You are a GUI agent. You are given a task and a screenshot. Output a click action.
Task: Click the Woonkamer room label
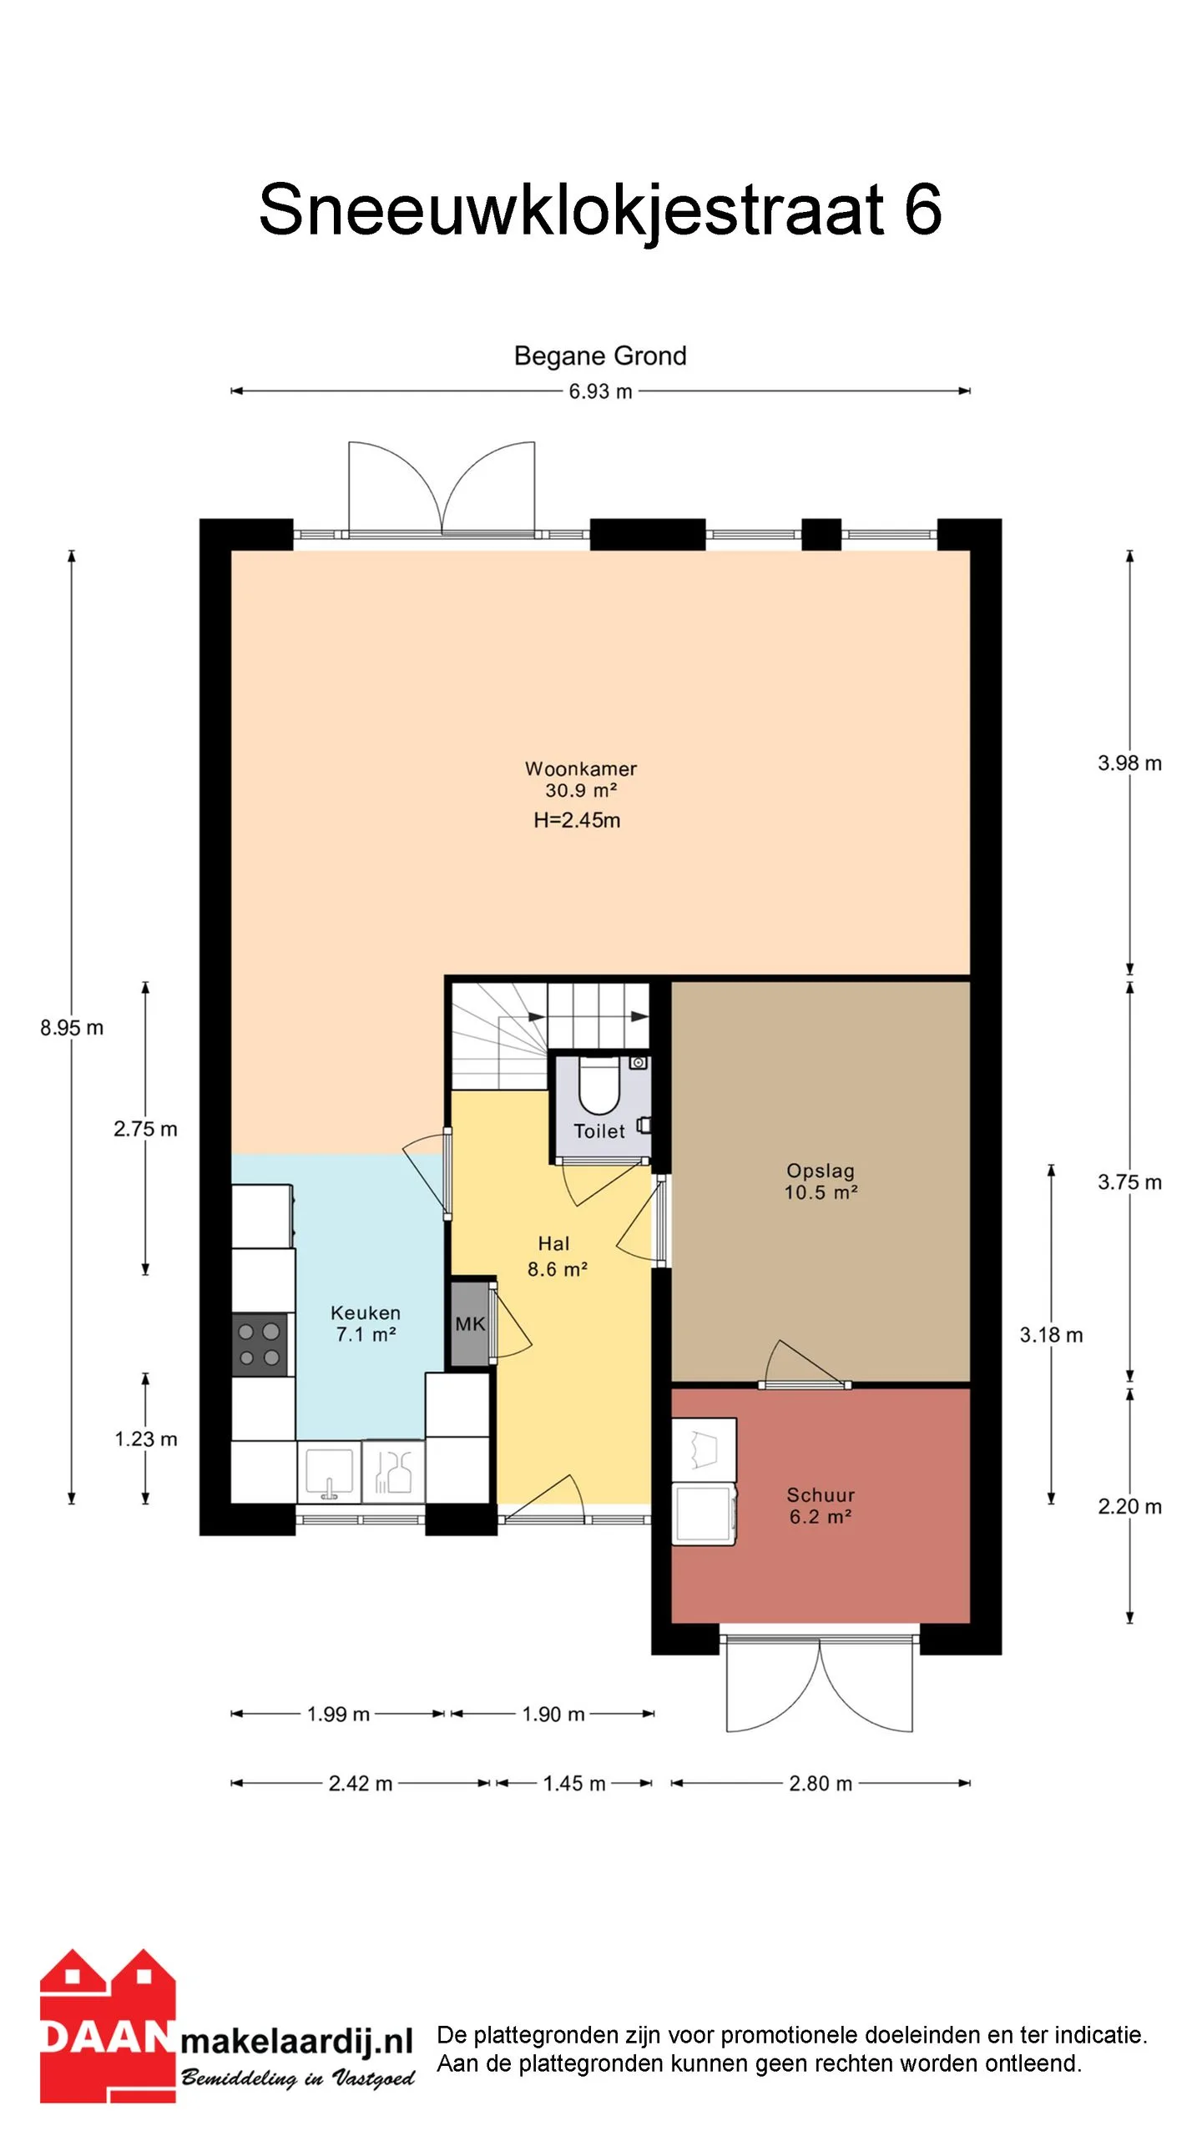click(580, 768)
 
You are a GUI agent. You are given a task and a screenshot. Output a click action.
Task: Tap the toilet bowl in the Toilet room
click(599, 1086)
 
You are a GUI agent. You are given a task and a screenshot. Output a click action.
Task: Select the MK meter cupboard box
click(470, 1323)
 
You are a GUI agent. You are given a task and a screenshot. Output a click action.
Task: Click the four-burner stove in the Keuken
click(260, 1344)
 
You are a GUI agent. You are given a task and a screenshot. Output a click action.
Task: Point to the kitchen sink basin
click(329, 1473)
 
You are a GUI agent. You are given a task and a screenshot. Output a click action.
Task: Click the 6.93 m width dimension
click(600, 390)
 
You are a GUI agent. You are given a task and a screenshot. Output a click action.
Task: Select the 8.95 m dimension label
click(72, 1027)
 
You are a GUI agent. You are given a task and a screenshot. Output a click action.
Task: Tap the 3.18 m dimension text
click(1051, 1334)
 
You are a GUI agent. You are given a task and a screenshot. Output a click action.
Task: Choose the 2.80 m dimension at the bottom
click(821, 1783)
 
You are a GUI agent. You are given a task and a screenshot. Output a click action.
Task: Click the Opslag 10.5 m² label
click(821, 1181)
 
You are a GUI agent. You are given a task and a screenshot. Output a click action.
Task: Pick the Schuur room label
click(821, 1494)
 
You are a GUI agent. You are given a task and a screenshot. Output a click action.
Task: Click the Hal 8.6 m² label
click(557, 1257)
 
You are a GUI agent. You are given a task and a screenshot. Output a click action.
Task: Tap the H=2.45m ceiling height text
click(577, 820)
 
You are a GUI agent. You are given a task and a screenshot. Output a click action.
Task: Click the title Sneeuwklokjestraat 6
click(600, 209)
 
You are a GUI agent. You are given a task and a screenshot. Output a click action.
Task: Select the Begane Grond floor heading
click(600, 356)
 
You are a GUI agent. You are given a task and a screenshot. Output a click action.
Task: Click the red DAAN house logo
click(108, 2028)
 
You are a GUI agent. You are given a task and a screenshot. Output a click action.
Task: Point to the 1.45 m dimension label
click(574, 1783)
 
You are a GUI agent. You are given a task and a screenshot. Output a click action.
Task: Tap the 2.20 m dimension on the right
click(1129, 1506)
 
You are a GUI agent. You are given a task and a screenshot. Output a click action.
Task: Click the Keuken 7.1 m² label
click(366, 1323)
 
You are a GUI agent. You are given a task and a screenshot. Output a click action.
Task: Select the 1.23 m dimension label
click(146, 1438)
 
